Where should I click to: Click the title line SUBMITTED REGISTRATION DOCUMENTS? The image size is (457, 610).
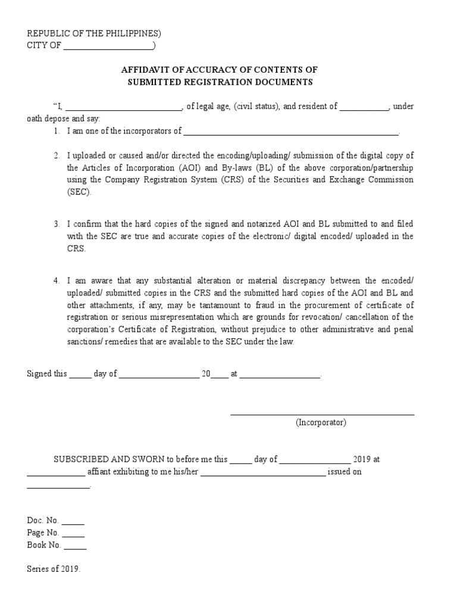[220, 82]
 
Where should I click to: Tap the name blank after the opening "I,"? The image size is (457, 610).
[123, 107]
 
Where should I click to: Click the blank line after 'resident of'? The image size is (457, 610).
[364, 107]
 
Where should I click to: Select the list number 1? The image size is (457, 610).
[56, 131]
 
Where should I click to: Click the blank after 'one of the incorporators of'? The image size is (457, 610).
[290, 132]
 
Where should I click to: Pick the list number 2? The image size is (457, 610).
[56, 156]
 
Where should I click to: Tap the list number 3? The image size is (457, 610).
[56, 224]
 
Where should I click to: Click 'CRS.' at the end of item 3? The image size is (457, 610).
[76, 248]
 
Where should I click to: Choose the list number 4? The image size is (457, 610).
[56, 281]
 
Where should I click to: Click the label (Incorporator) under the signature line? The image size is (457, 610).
[321, 422]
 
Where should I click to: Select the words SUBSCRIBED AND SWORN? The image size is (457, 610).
[109, 460]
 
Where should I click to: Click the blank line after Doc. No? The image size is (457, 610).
[73, 521]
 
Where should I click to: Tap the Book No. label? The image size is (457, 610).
[44, 545]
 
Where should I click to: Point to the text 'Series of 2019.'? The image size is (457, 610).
[54, 569]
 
